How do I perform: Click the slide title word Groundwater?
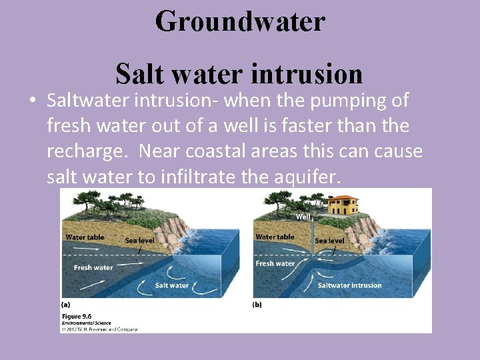[240, 21]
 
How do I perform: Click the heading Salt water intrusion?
[239, 74]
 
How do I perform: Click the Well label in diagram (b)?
[303, 217]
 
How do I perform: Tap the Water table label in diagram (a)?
[84, 237]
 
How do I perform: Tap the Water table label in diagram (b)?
[275, 237]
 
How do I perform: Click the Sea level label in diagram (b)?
[329, 241]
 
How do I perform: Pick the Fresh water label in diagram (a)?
[93, 268]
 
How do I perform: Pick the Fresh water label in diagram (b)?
[275, 264]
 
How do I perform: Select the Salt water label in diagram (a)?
[171, 285]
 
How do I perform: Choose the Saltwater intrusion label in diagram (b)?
[349, 285]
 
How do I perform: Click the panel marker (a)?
[65, 305]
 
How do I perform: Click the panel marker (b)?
[257, 305]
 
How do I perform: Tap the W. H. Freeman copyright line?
[99, 329]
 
